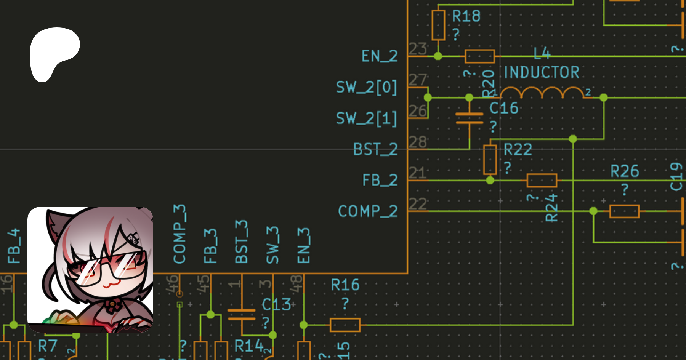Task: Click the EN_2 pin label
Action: [x=379, y=56]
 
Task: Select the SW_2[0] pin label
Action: [x=366, y=88]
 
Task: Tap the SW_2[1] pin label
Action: [x=366, y=118]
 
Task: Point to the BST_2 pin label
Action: [x=375, y=149]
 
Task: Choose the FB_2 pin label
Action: [x=380, y=180]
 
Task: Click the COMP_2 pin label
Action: [x=368, y=211]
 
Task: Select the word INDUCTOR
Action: [x=542, y=72]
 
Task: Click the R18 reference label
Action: [x=466, y=16]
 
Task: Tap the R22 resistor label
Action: [x=518, y=150]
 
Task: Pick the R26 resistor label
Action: [x=625, y=171]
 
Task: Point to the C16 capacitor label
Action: [x=504, y=108]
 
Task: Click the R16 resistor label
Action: [x=345, y=285]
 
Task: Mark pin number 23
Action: [x=418, y=49]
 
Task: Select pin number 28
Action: [x=418, y=142]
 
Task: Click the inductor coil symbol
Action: [x=542, y=93]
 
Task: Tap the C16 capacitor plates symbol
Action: [x=470, y=118]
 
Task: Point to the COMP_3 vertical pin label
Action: [x=180, y=234]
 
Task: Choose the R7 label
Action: [x=48, y=346]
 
